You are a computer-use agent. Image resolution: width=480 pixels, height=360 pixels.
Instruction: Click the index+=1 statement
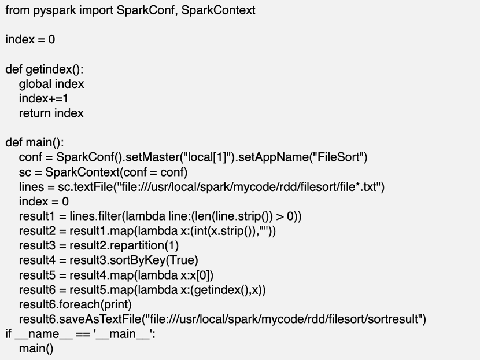[44, 98]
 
